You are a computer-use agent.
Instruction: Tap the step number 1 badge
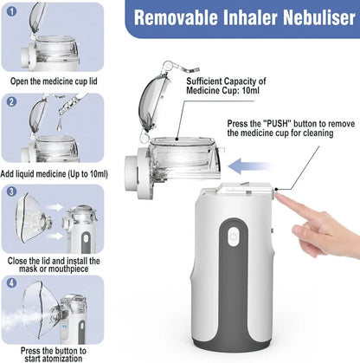11,10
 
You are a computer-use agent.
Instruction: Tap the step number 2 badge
11,100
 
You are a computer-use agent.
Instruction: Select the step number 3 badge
11,191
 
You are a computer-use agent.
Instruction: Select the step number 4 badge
11,282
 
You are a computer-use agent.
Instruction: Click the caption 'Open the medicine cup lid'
55,82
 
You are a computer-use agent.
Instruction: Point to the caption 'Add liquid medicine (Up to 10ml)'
55,172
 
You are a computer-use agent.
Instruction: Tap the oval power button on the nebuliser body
231,236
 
